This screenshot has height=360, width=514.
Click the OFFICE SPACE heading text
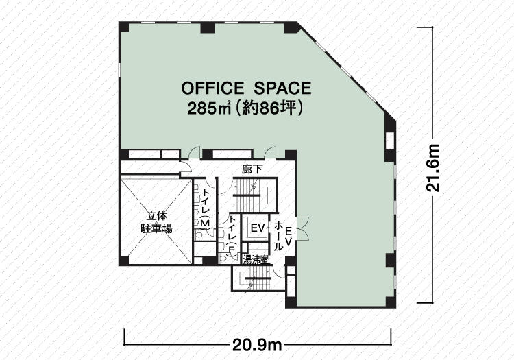[x=246, y=88]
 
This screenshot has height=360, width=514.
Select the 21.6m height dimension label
[x=432, y=167]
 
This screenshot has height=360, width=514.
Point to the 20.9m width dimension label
[x=257, y=345]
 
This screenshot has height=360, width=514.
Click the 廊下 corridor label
[x=252, y=169]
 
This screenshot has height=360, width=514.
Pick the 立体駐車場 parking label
[x=156, y=222]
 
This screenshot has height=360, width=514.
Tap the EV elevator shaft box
[x=257, y=228]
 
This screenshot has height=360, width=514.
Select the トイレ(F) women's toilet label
[x=232, y=234]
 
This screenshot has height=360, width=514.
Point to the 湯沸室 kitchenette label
[x=256, y=261]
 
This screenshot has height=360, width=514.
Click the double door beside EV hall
[x=302, y=227]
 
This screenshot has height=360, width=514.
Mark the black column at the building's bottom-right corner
[x=391, y=302]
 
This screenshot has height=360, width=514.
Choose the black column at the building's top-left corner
[x=123, y=27]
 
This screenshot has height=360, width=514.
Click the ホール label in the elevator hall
[x=278, y=236]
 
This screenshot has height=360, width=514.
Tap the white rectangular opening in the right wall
[x=390, y=141]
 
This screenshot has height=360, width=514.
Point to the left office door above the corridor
[x=195, y=153]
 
